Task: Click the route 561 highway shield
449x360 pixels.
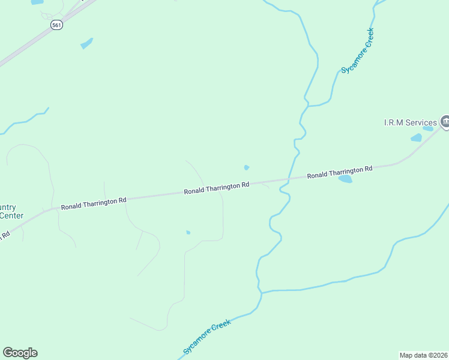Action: click(x=56, y=25)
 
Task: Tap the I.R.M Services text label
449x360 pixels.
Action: click(x=411, y=123)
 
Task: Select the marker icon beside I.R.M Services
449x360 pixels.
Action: click(x=445, y=122)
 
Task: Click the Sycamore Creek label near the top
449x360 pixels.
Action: click(x=357, y=51)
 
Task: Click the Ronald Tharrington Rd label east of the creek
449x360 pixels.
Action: click(x=340, y=172)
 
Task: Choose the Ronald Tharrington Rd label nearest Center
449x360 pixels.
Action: click(x=94, y=203)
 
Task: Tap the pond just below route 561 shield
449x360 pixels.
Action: click(x=87, y=43)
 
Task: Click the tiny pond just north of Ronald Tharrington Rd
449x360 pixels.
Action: click(x=246, y=167)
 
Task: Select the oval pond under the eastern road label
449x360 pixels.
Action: click(x=345, y=179)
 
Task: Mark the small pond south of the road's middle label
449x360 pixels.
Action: click(x=188, y=232)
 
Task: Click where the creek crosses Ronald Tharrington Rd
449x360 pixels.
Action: click(x=289, y=179)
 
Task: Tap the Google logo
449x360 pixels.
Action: click(x=20, y=353)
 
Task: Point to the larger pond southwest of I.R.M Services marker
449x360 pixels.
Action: click(x=416, y=138)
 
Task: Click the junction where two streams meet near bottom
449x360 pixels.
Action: click(x=262, y=293)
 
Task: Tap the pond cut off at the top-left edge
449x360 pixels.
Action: click(x=37, y=2)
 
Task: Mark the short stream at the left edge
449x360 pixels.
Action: click(x=24, y=122)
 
